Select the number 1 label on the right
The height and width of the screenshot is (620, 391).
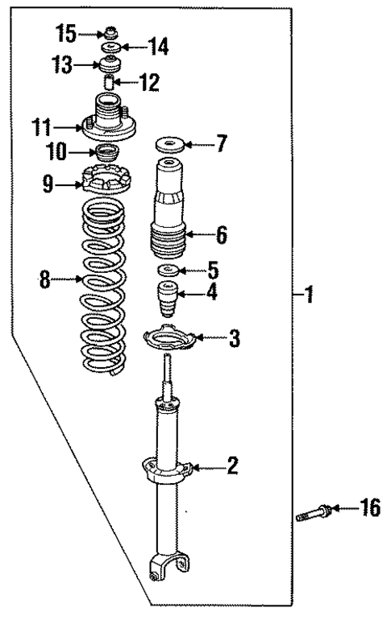308,296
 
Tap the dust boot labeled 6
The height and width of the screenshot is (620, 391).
169,209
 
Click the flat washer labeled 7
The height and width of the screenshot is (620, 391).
169,146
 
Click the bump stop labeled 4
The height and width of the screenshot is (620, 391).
168,299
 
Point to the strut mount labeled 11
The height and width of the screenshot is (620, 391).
107,118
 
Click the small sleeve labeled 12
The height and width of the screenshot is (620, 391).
109,81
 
